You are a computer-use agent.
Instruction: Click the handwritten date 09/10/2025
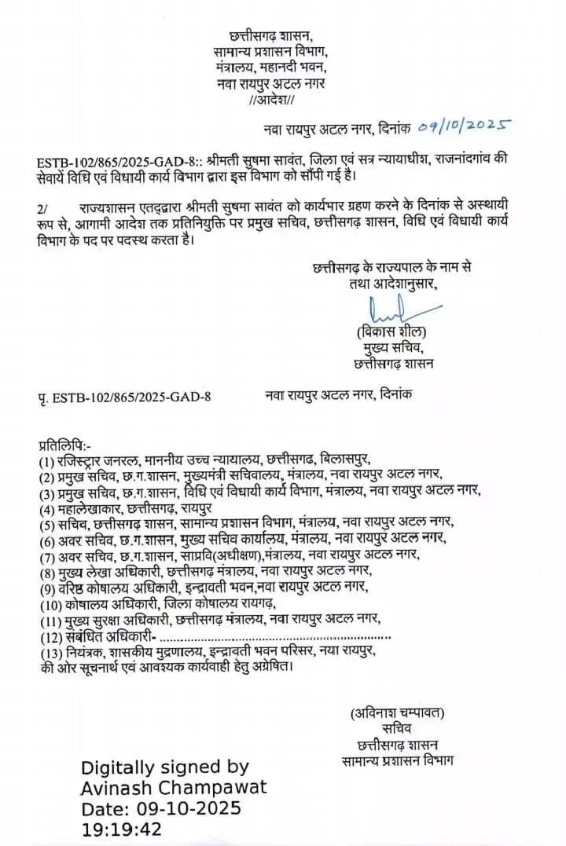[465, 125]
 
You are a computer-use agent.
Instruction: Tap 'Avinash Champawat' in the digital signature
[175, 787]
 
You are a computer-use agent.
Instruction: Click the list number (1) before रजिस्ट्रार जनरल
[46, 461]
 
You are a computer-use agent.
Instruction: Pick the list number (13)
[50, 652]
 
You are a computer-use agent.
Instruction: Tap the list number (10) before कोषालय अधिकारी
[50, 604]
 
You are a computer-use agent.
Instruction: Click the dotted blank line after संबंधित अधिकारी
[274, 635]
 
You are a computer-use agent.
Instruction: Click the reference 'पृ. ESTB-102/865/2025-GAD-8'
[123, 397]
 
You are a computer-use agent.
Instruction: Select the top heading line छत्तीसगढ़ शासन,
[270, 36]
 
